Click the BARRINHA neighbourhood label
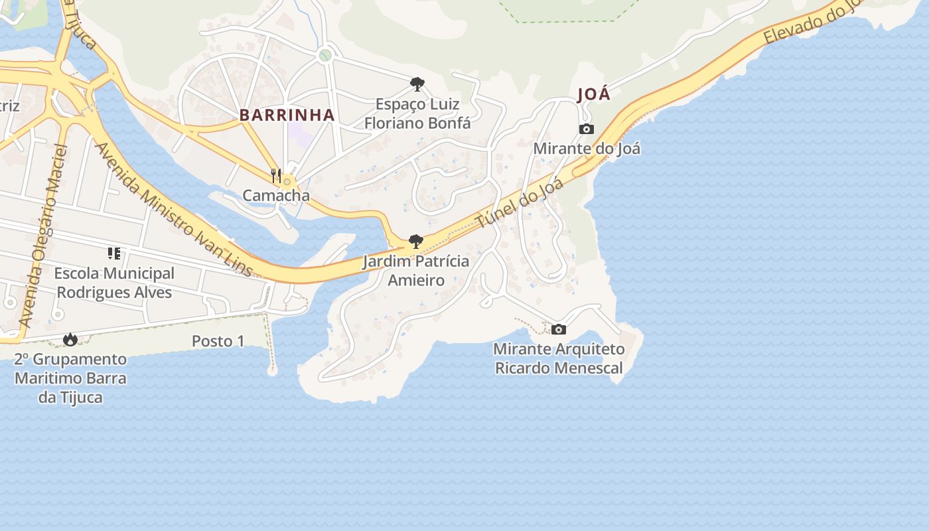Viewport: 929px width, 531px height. click(x=287, y=115)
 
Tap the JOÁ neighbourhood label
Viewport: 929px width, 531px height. click(x=593, y=94)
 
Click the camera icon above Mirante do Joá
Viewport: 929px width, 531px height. click(x=586, y=129)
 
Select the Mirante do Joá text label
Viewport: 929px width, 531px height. click(x=587, y=148)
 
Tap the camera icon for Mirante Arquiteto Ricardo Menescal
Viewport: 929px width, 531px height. click(x=559, y=329)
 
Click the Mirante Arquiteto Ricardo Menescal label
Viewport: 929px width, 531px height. click(x=559, y=358)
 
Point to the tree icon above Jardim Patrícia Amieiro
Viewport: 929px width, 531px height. click(x=416, y=242)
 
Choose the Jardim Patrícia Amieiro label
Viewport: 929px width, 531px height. click(x=416, y=271)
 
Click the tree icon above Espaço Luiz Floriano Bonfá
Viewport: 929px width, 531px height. click(x=417, y=84)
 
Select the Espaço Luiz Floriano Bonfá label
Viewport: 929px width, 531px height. click(x=417, y=114)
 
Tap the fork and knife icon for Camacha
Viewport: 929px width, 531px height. click(x=276, y=176)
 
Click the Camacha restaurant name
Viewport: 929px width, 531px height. click(x=276, y=195)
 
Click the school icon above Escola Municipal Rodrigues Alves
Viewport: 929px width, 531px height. click(x=113, y=254)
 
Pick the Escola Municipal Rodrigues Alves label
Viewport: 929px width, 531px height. click(x=114, y=283)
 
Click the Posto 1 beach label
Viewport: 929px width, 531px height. click(x=218, y=341)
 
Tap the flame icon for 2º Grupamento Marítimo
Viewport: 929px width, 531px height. click(x=70, y=340)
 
